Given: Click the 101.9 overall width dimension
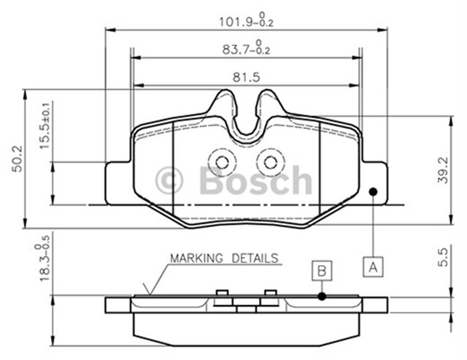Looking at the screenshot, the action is coord(247,20).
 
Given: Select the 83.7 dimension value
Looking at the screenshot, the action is coord(247,47).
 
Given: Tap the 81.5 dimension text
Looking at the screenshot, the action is coord(247,77).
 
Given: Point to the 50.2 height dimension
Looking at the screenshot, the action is coord(18,158).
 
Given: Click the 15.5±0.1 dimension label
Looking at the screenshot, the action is coord(45,126).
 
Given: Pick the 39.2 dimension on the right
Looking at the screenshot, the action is coord(443,170).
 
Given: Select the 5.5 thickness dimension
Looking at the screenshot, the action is coord(443,258).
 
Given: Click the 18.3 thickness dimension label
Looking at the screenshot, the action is coord(42,261).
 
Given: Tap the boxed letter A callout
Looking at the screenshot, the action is coord(373,267).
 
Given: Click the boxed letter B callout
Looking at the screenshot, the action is coord(322,271).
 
